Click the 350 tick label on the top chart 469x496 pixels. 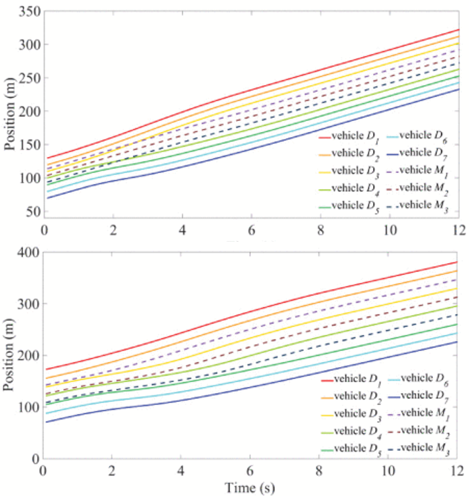(x=29, y=12)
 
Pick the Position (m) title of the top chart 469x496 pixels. (x=9, y=114)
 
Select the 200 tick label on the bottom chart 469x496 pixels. (x=28, y=355)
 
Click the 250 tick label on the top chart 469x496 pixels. (x=29, y=78)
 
